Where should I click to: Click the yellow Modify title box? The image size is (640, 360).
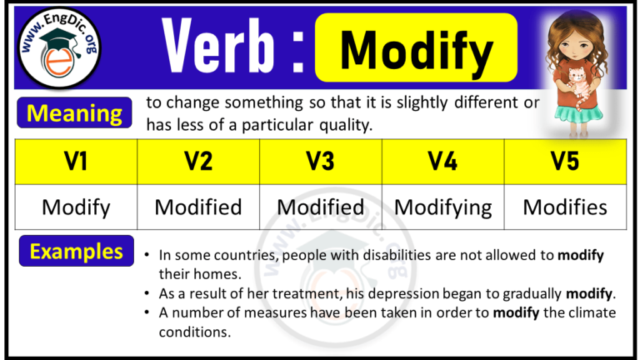[x=416, y=48]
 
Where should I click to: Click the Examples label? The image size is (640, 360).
[x=76, y=251]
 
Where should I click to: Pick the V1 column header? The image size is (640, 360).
[x=76, y=162]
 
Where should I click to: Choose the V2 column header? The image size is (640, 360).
[x=198, y=162]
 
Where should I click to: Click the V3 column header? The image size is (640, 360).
[x=321, y=162]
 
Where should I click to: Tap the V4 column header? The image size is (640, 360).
[x=442, y=162]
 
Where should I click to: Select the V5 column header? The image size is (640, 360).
[x=565, y=162]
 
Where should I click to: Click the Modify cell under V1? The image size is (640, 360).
[x=76, y=207]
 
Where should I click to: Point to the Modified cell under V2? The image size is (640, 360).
[x=198, y=207]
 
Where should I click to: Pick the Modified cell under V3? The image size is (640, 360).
[x=321, y=207]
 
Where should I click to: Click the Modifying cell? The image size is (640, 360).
[x=442, y=207]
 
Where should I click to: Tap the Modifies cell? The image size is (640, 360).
[x=565, y=207]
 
